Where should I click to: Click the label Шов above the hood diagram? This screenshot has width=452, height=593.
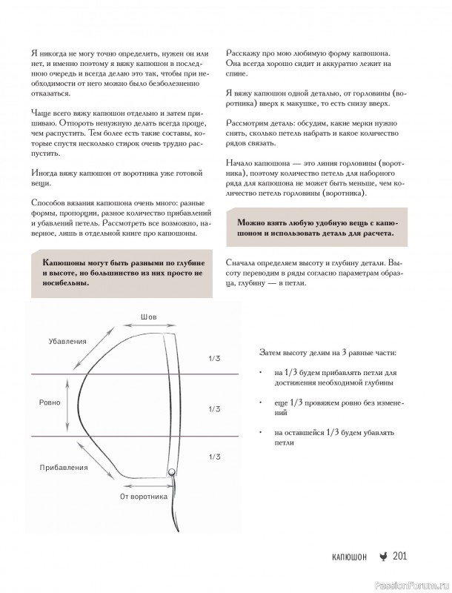coord(148,317)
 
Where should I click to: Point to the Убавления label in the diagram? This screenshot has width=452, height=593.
coord(68,341)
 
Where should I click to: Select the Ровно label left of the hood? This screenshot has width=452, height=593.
coord(50,402)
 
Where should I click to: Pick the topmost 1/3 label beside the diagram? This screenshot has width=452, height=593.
coord(214,358)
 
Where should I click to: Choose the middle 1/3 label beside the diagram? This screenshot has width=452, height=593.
coord(214,408)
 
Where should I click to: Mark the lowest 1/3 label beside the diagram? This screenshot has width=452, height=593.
coord(214,457)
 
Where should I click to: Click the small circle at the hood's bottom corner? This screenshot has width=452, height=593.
coord(171,471)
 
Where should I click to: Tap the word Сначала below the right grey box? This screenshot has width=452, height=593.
coord(245,262)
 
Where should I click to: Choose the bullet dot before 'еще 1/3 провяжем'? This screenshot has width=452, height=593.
coord(261,401)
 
